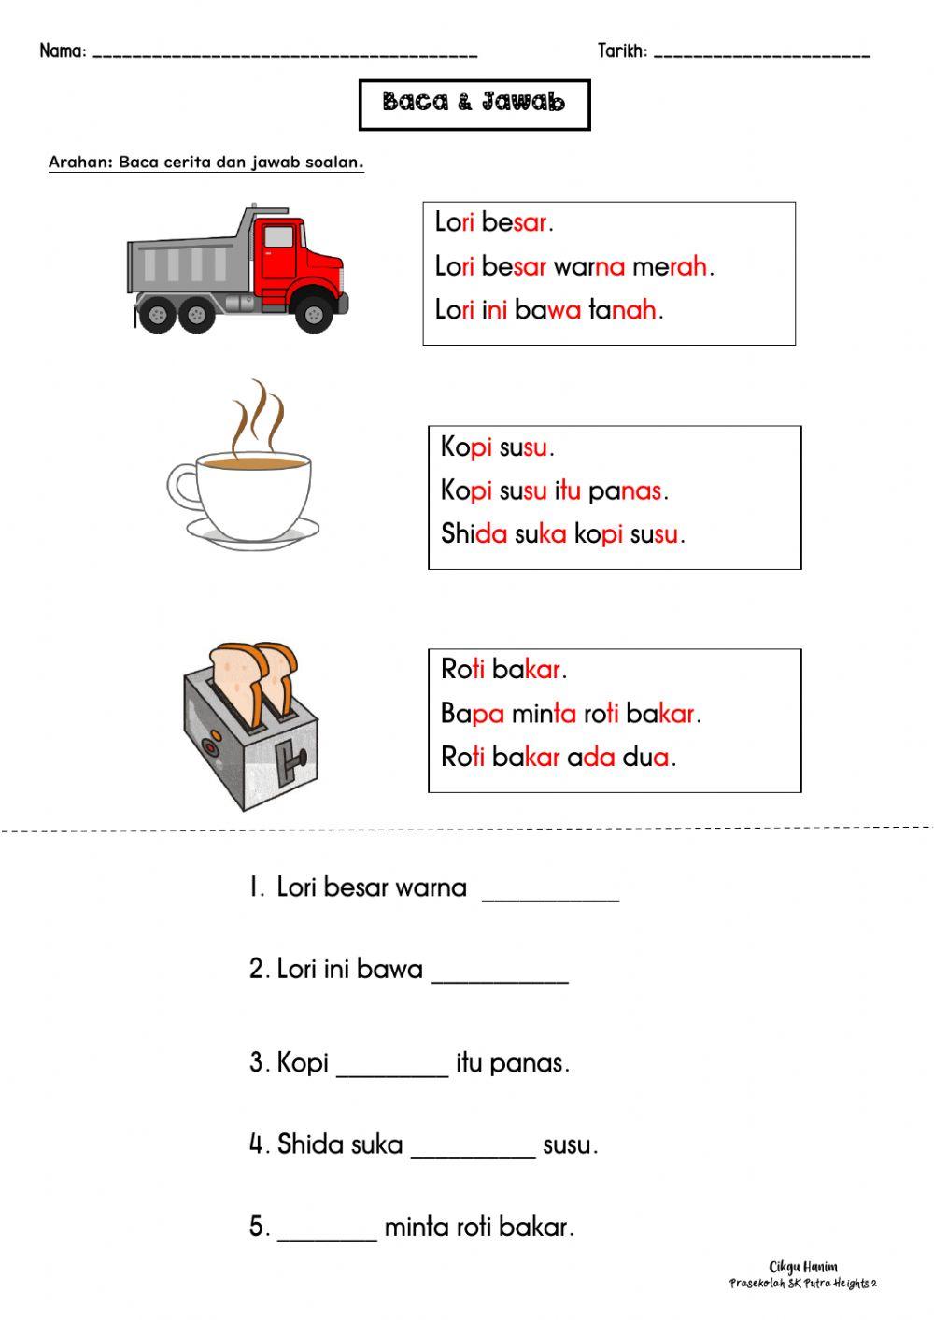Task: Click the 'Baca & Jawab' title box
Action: [474, 104]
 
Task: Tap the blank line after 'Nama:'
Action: [285, 55]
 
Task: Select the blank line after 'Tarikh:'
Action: [761, 55]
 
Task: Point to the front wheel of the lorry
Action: [314, 315]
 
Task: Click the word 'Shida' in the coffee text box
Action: [474, 534]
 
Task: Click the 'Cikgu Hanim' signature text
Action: [803, 1267]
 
